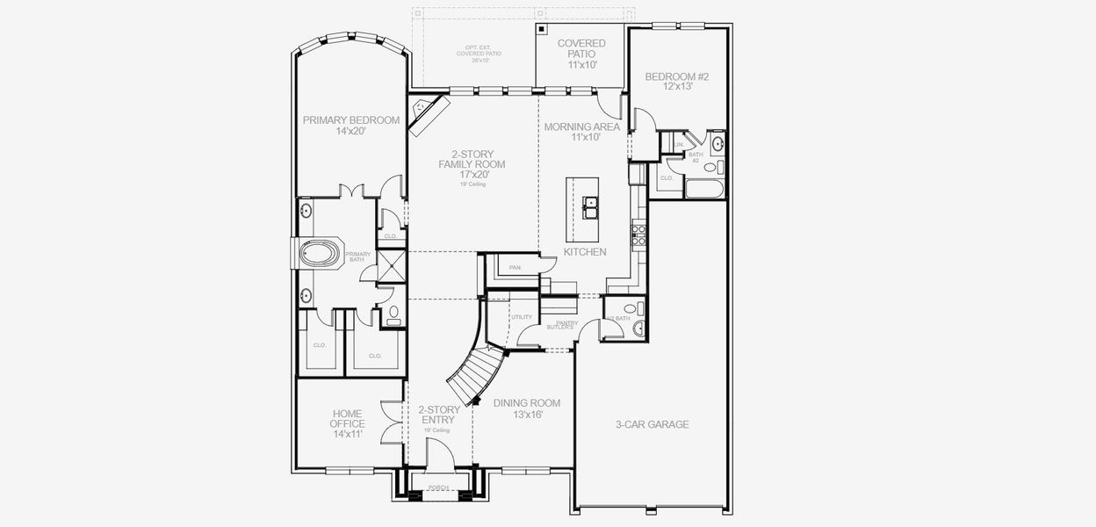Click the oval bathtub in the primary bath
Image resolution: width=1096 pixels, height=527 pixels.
pyautogui.click(x=319, y=255)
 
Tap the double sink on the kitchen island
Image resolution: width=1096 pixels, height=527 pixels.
pyautogui.click(x=590, y=208)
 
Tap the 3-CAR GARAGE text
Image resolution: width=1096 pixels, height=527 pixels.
pyautogui.click(x=652, y=424)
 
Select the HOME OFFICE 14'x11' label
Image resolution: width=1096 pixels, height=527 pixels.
pyautogui.click(x=347, y=423)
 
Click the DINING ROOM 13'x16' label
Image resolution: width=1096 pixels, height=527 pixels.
pyautogui.click(x=526, y=408)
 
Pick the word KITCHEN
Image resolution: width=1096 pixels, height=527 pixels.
pyautogui.click(x=585, y=252)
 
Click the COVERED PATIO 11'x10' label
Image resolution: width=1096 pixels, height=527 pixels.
pyautogui.click(x=581, y=54)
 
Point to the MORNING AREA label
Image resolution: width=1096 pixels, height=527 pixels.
pyautogui.click(x=582, y=131)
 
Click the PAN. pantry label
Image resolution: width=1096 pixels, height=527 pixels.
pyautogui.click(x=516, y=267)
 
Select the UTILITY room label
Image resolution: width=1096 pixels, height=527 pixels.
pyautogui.click(x=522, y=317)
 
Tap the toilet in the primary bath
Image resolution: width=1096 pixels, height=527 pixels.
pyautogui.click(x=393, y=314)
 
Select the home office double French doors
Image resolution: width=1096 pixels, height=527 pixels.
pyautogui.click(x=389, y=423)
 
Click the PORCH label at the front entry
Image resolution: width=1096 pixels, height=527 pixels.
pyautogui.click(x=438, y=487)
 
